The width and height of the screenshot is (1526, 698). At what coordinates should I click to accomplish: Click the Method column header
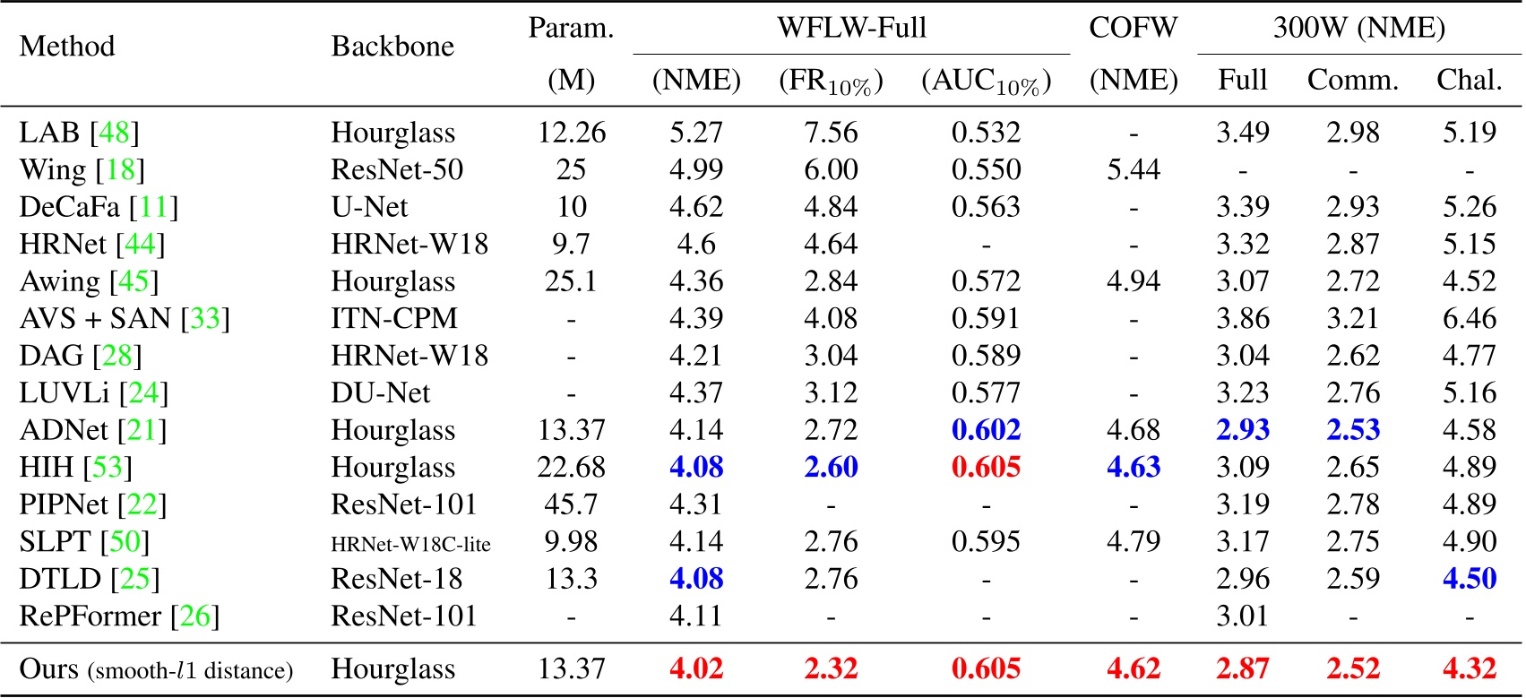click(x=67, y=46)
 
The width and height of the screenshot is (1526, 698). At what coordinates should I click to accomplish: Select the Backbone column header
click(x=392, y=46)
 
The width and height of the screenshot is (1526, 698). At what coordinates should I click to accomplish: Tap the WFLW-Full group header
click(x=851, y=28)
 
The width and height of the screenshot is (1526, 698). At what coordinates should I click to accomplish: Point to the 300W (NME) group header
click(x=1358, y=28)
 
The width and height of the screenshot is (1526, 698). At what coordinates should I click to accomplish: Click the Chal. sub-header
click(x=1469, y=80)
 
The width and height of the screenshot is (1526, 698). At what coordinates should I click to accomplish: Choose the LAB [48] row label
click(x=79, y=133)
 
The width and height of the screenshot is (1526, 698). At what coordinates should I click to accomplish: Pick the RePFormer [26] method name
click(x=119, y=616)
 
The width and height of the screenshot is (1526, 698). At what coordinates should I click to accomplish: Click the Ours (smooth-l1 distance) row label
click(x=156, y=669)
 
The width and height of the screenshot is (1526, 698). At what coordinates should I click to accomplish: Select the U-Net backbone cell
click(x=369, y=207)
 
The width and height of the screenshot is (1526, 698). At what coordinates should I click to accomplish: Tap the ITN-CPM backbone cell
click(x=394, y=318)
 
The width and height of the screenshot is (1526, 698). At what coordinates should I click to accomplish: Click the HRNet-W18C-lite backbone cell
click(x=410, y=543)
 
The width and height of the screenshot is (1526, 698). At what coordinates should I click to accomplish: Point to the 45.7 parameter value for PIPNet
click(x=571, y=504)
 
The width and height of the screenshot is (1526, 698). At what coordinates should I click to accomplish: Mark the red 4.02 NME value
click(x=696, y=669)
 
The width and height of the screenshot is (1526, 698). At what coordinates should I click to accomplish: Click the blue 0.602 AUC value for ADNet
click(x=986, y=430)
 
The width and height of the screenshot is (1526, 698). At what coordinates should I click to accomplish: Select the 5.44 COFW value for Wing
click(x=1133, y=169)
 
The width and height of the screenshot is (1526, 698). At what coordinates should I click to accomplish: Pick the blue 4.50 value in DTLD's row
click(x=1469, y=579)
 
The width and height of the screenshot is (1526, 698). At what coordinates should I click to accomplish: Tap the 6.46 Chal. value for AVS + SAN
click(x=1469, y=318)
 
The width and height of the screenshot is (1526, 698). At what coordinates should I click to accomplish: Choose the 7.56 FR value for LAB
click(x=831, y=133)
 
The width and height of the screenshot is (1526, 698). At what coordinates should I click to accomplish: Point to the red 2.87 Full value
click(x=1242, y=669)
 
